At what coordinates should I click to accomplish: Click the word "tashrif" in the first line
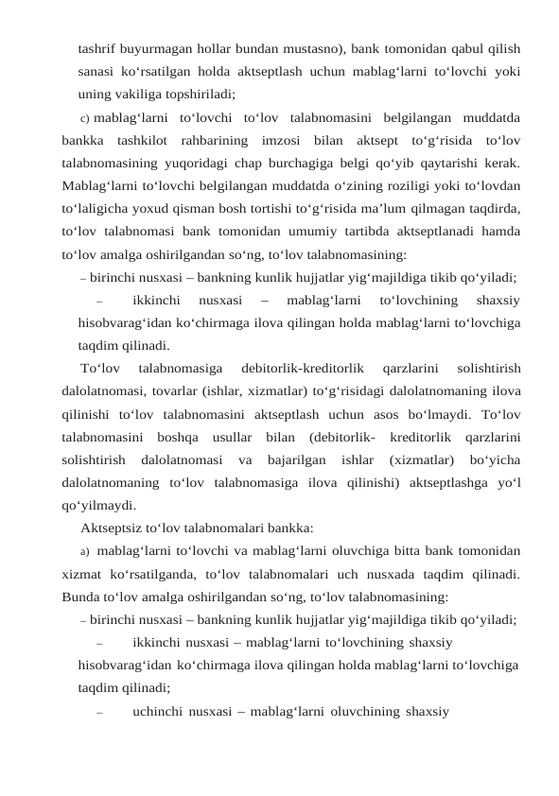pos(96,47)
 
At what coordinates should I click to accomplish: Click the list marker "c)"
pos(85,117)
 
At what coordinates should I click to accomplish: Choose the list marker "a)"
pos(85,551)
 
